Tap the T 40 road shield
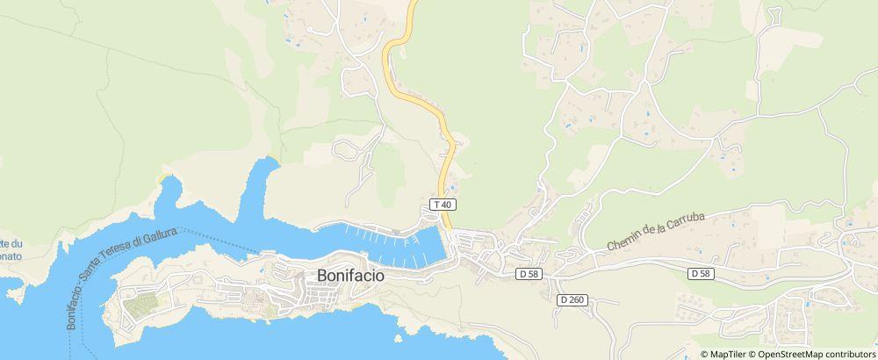(x=443, y=205)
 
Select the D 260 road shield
(x=571, y=299)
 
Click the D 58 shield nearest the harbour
(x=529, y=274)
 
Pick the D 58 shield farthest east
(x=700, y=274)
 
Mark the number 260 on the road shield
(x=575, y=299)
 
